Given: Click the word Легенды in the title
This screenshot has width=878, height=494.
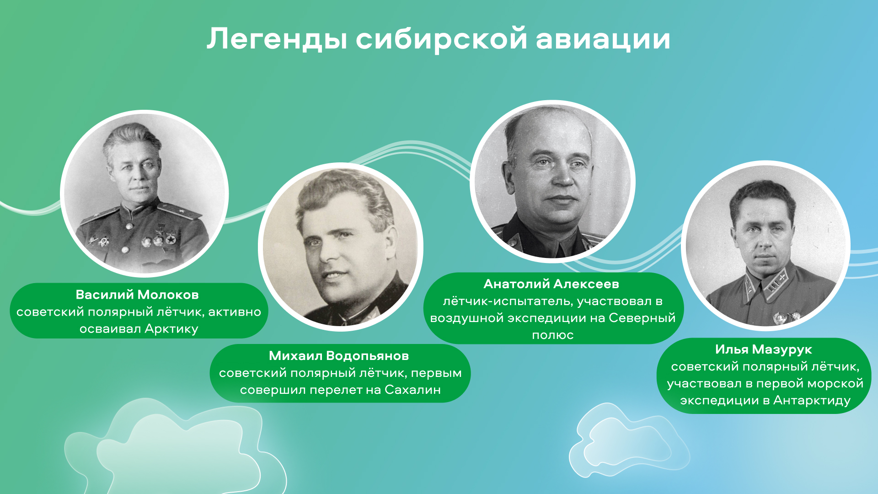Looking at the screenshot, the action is tap(277, 39).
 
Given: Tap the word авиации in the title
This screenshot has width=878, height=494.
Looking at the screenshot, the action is tap(603, 39).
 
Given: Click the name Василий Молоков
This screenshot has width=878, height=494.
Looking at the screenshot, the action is tap(137, 295).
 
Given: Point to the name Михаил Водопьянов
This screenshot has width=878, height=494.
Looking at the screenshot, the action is tap(339, 355).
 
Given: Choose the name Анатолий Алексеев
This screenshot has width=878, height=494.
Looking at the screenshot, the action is tap(551, 284).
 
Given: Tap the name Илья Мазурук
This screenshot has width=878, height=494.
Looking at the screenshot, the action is tap(764, 349).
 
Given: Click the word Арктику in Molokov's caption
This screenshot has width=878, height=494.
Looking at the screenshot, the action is tap(171, 329).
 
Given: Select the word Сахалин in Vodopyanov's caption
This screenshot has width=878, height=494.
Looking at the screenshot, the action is tap(413, 390).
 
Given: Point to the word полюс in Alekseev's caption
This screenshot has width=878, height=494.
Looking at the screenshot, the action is tap(553, 335).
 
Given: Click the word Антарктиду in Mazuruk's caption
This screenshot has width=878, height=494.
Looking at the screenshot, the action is tap(812, 401).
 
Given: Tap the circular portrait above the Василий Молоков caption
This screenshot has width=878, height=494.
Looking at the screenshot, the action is tap(145, 193).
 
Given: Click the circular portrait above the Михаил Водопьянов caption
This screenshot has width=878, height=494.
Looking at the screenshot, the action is tap(341, 247).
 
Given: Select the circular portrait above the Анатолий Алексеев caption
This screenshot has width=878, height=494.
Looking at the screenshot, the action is tap(553, 181).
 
